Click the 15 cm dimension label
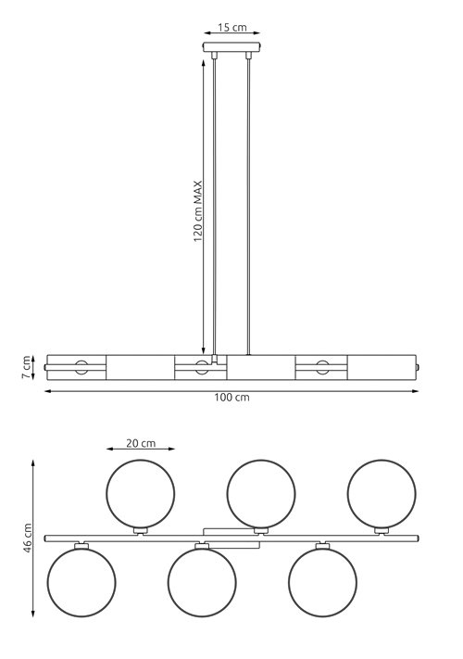coord(232,28)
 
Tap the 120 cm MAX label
coord(198,210)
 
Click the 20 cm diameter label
coord(140,443)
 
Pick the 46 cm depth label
coord(27,535)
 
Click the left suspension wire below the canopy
coord(216,204)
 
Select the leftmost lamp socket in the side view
coord(81,367)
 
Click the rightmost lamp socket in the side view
coord(321,367)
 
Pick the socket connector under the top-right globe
coord(380,530)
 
